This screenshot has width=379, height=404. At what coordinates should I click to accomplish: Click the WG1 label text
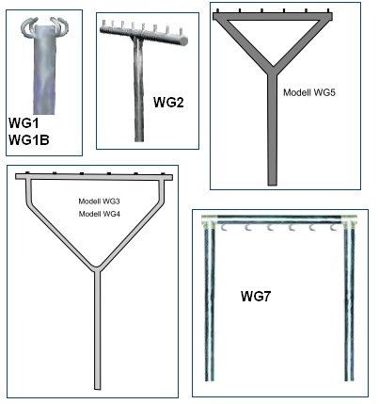click(24, 123)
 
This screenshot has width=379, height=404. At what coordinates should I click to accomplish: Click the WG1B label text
click(29, 140)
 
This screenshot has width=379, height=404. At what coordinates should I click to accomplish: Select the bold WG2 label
click(168, 103)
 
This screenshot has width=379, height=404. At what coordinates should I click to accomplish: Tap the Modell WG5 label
click(309, 92)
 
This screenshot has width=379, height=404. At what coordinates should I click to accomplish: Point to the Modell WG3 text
click(99, 202)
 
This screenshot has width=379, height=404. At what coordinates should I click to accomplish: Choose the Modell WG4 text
click(99, 214)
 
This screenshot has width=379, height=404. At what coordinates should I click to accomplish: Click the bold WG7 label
click(256, 296)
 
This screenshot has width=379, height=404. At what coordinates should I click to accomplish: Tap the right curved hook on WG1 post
click(59, 25)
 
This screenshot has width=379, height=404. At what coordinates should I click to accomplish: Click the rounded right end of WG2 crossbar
click(184, 40)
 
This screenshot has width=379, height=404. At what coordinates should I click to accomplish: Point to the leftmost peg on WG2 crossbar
click(103, 24)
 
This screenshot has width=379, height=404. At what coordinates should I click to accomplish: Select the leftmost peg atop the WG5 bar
click(217, 11)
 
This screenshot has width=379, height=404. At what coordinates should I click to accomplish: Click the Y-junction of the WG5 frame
click(273, 72)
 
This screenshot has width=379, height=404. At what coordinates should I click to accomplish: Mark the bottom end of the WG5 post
click(273, 185)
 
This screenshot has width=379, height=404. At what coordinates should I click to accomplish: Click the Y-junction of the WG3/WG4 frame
click(98, 268)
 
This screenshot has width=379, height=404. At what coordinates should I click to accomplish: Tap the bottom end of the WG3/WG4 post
click(98, 388)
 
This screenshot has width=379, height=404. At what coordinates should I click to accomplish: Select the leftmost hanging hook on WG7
click(224, 228)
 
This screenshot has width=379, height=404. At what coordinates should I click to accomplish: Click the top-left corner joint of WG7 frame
click(209, 222)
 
